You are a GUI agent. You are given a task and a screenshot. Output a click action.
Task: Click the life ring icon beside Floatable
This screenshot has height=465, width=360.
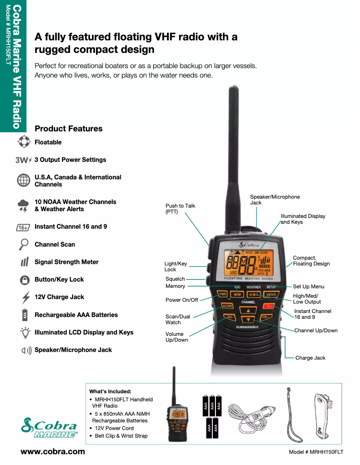[23, 142]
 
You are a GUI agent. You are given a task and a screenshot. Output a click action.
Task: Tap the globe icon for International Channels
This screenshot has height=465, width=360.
[23, 180]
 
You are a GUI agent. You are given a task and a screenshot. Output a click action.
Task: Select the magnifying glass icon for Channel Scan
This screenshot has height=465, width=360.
[23, 244]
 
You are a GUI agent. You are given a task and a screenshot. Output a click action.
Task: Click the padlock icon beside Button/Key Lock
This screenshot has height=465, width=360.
[24, 280]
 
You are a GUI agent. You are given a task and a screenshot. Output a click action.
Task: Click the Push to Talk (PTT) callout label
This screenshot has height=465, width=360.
[180, 209]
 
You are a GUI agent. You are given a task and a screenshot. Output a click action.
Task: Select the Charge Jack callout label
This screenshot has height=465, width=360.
[310, 358]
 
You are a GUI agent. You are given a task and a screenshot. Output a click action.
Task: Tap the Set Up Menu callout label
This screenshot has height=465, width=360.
[308, 287]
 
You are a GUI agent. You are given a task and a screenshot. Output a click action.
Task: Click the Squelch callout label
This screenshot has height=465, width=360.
[175, 279]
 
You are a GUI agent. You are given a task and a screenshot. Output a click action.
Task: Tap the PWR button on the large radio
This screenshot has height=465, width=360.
[222, 295]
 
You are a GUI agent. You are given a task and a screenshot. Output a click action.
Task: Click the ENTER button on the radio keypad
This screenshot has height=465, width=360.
[271, 295]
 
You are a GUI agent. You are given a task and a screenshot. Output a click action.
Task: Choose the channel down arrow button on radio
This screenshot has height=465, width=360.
[248, 320]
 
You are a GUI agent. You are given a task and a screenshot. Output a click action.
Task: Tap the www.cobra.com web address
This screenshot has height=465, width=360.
[53, 452]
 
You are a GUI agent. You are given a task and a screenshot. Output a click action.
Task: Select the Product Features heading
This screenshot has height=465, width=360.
[68, 129]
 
